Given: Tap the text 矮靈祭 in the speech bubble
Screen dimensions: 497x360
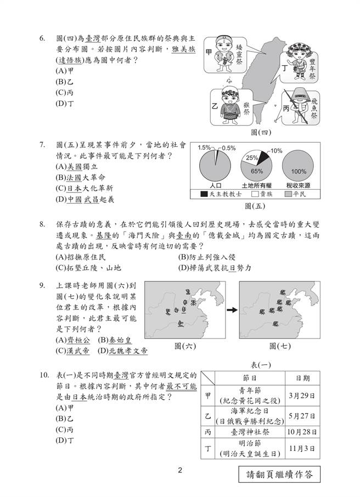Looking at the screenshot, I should tap(239, 55).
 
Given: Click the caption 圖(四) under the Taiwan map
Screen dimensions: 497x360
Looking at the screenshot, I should tap(260, 132).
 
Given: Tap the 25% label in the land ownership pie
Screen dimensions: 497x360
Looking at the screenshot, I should tap(251, 158).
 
